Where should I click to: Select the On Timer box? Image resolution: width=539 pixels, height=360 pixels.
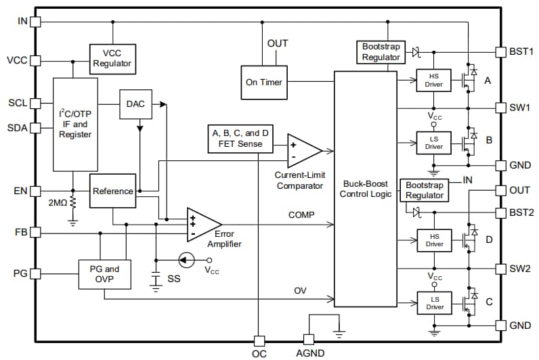[x=263, y=83]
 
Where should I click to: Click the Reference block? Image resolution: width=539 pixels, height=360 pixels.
[x=112, y=191]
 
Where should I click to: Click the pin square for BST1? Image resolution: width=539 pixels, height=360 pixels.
[x=500, y=51]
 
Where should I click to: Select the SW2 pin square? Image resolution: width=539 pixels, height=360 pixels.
[x=500, y=269]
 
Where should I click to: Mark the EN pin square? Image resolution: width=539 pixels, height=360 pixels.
[x=36, y=191]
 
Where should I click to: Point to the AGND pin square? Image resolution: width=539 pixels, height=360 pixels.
[x=308, y=339]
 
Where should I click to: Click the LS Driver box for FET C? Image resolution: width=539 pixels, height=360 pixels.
[x=434, y=303]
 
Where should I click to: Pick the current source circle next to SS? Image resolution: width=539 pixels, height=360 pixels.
[x=186, y=260]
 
